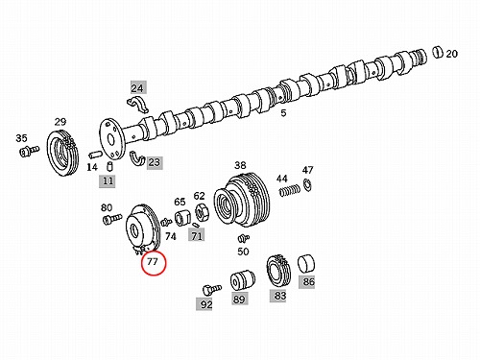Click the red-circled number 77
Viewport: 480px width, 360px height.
coord(153,262)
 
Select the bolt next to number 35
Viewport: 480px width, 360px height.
coord(29,151)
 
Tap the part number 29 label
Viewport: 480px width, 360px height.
coord(60,122)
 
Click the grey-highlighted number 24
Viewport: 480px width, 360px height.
coord(138,87)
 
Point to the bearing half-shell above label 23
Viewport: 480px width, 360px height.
coord(137,157)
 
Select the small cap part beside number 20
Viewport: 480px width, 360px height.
coord(438,52)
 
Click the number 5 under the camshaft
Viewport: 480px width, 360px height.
coord(283,113)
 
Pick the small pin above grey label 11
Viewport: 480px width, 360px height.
coord(109,166)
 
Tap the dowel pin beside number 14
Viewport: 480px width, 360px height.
coord(95,155)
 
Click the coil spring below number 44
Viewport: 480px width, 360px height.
coord(290,191)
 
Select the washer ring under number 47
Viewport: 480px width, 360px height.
coord(307,185)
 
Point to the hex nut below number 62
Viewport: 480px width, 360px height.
coord(202,212)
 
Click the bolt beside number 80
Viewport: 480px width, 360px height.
coord(112,219)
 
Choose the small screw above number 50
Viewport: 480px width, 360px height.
coord(244,238)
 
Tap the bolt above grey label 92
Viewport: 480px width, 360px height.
coord(212,290)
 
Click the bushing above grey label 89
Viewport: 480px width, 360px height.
coord(243,280)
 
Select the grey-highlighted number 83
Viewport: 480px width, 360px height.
coord(279,296)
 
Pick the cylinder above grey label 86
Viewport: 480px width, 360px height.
coord(306,264)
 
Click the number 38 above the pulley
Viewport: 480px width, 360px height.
coord(240,165)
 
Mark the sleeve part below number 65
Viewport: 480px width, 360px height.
coord(182,218)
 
